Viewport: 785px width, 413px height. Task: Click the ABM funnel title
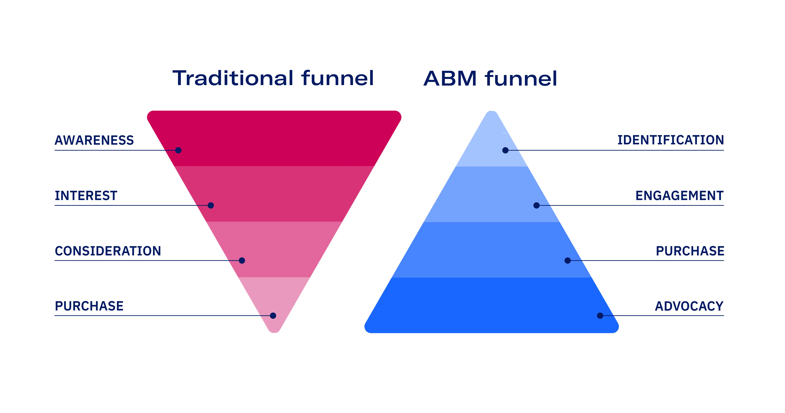click(x=490, y=78)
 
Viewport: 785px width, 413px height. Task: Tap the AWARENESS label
click(x=94, y=140)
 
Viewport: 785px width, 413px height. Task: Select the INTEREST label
click(x=86, y=196)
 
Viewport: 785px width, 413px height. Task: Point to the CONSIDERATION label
click(x=108, y=251)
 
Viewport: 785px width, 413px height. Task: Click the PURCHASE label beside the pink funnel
click(x=89, y=306)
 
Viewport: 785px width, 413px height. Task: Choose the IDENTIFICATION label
click(x=670, y=140)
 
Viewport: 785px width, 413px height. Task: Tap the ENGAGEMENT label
click(x=680, y=196)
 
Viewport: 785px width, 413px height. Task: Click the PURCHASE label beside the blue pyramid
click(x=690, y=251)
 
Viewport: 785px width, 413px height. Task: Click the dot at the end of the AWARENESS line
click(x=179, y=150)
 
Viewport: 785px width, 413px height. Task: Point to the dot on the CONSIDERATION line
click(x=242, y=260)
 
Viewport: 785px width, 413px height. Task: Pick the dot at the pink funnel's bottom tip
click(x=273, y=316)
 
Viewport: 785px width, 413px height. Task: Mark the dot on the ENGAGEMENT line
click(x=537, y=205)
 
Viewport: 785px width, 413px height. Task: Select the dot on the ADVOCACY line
click(x=600, y=316)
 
